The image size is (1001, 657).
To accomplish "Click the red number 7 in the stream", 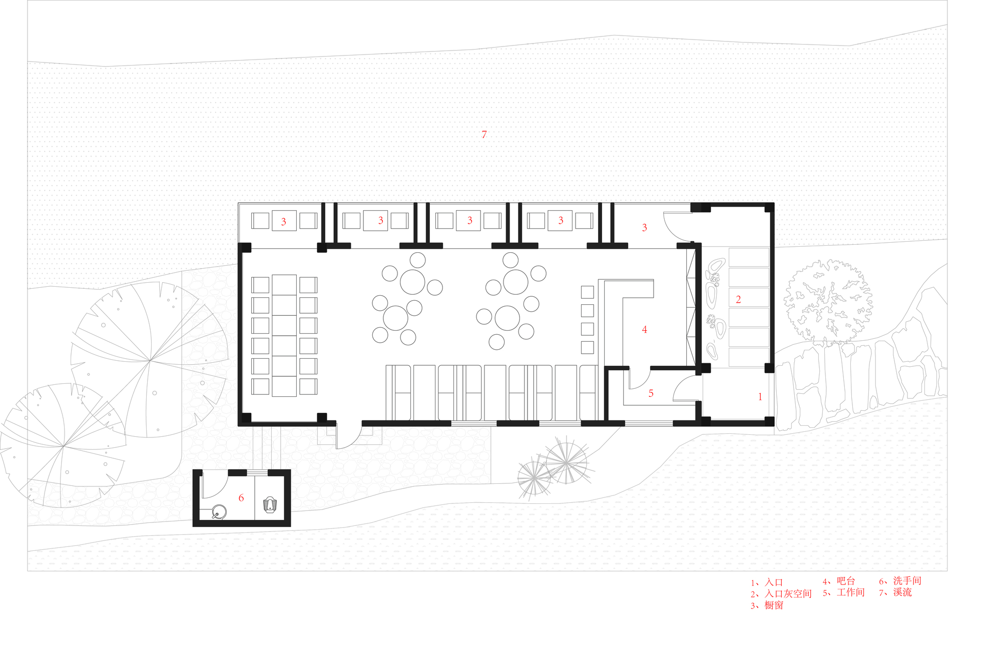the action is (x=484, y=134).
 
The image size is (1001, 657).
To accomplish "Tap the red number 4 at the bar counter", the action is (x=645, y=329).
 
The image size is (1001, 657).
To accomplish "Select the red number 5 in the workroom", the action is (x=651, y=393).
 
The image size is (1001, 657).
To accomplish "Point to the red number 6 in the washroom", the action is (x=241, y=498).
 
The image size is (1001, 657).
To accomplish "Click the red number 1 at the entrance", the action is (x=760, y=396).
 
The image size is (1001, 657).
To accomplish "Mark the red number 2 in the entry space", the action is (x=738, y=299).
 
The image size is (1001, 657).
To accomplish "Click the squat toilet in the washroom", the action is (x=270, y=504).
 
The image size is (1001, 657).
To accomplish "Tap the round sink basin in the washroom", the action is (x=219, y=512).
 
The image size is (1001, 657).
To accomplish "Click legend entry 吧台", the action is (x=846, y=580).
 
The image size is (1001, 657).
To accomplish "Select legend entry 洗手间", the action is (x=907, y=580).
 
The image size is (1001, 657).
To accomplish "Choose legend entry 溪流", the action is (x=902, y=592).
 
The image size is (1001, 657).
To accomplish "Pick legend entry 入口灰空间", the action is (x=788, y=593).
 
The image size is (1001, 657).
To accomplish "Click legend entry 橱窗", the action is (x=774, y=605).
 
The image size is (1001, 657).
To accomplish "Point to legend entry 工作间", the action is (x=851, y=592).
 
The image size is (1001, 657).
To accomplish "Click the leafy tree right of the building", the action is (x=828, y=301).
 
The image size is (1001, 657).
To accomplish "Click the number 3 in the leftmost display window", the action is (x=284, y=222).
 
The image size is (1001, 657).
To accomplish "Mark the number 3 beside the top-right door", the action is (x=645, y=228).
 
